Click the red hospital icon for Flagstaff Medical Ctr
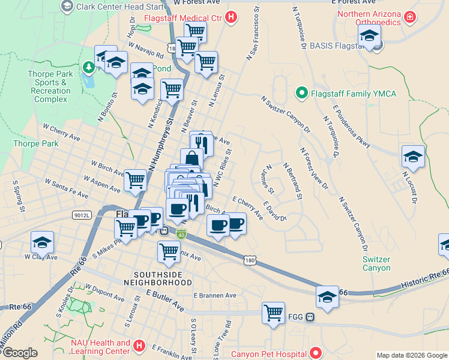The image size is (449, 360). point(231,18)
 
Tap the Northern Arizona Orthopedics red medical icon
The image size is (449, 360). point(409,18)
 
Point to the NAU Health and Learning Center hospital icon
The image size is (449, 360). point(139,346)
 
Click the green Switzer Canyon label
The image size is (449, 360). point(376,263)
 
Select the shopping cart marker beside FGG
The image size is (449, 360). point(273,312)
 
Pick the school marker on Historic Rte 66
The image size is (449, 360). point(327,296)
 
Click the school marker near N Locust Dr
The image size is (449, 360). point(413,157)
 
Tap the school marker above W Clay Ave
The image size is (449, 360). point(42,242)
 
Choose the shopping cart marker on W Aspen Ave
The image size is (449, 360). point(135,179)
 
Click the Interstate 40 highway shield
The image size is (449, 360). point(181,233)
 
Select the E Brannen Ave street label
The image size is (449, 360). point(215,295)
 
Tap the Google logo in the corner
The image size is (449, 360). point(19,353)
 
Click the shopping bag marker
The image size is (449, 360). point(191,158)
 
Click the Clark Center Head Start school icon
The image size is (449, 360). point(67,6)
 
